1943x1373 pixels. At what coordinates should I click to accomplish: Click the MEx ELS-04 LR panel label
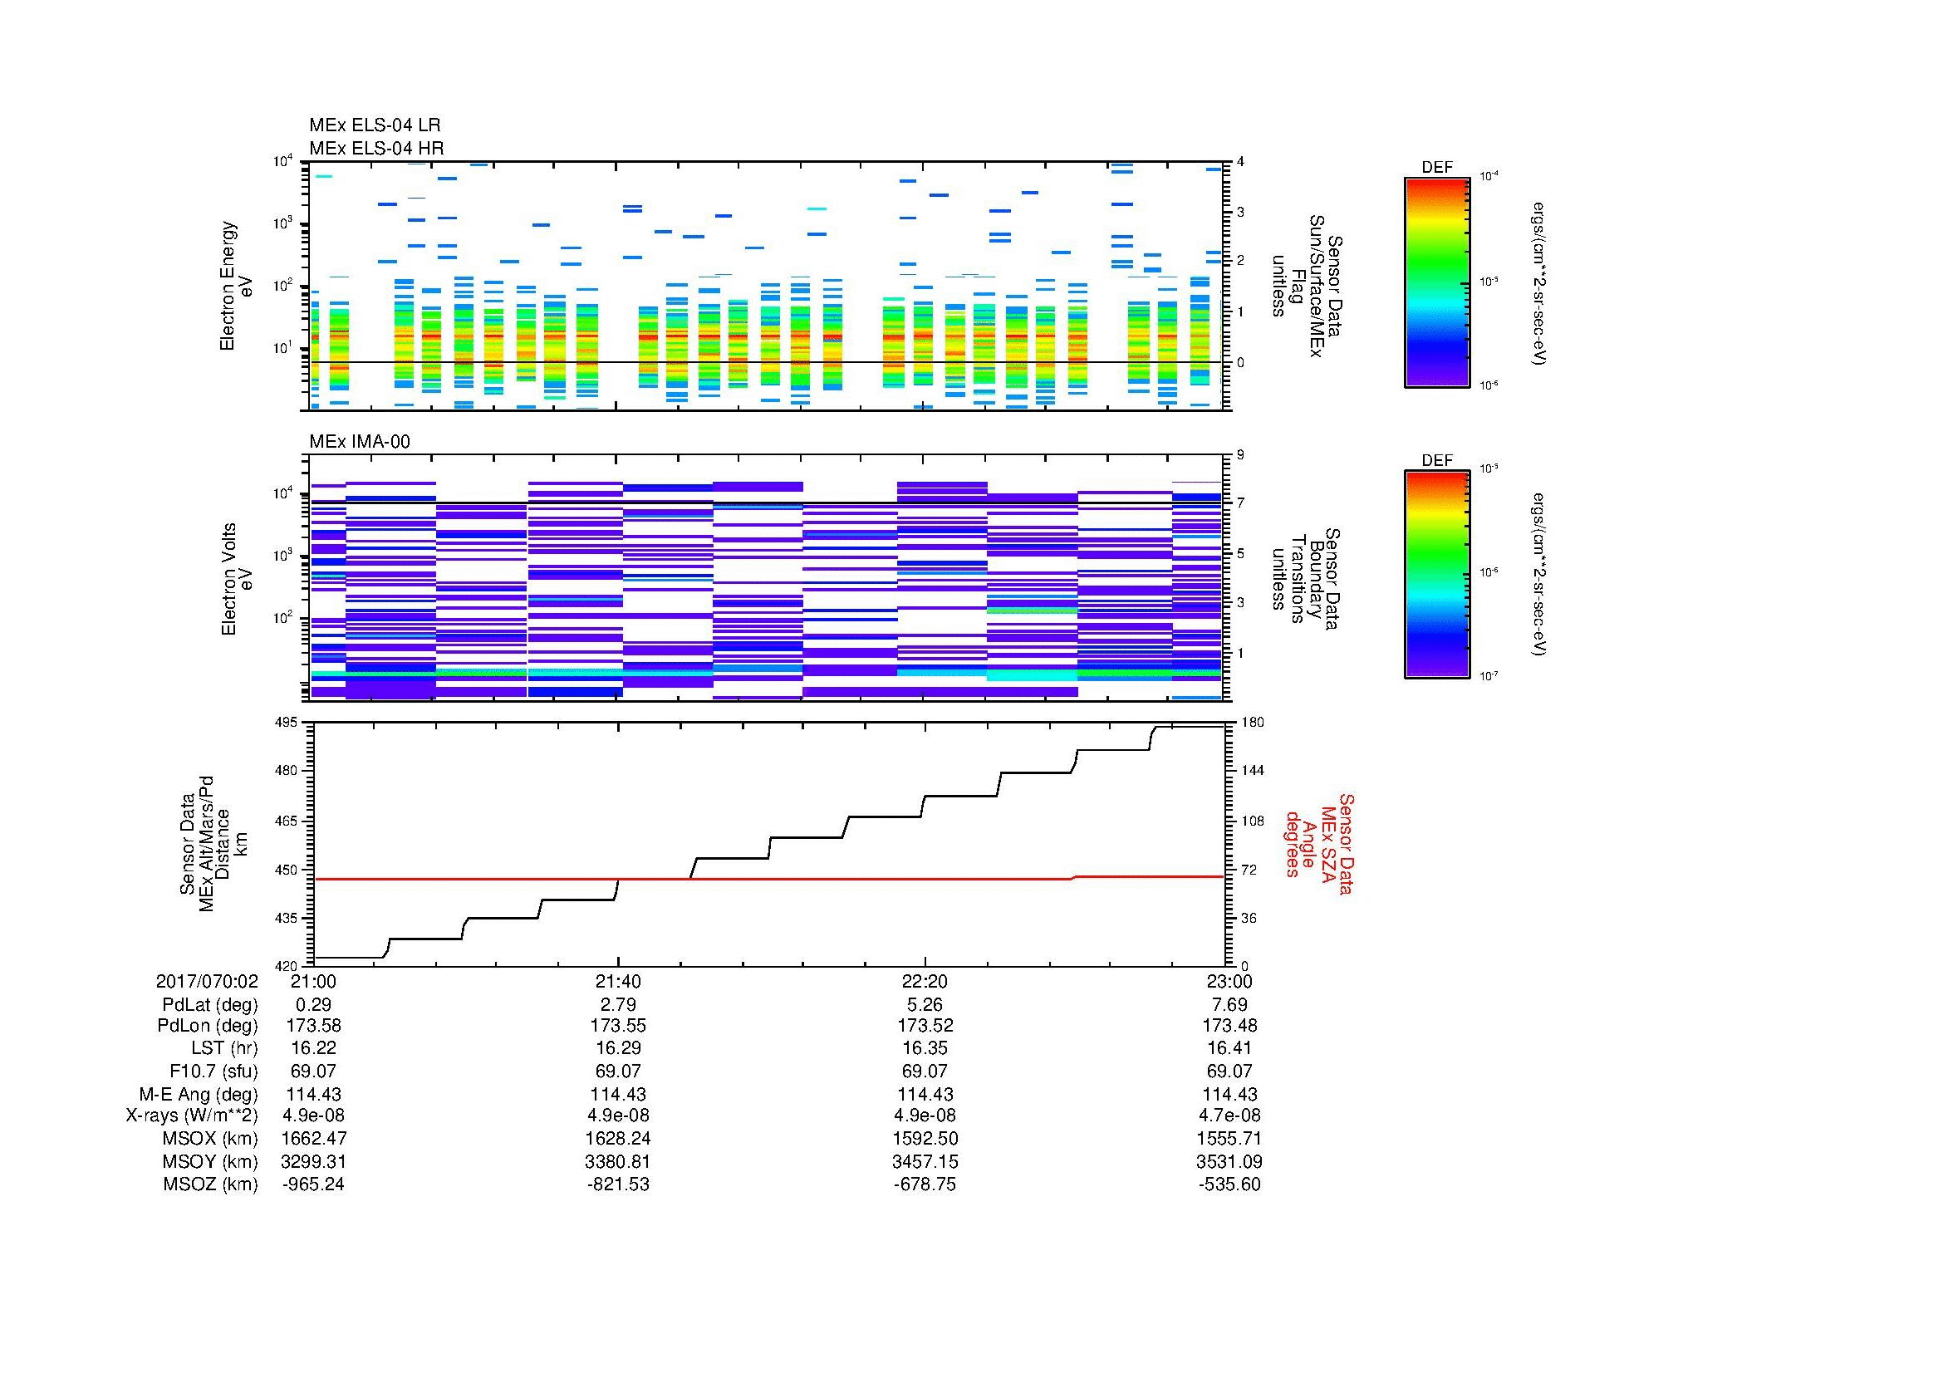click(374, 125)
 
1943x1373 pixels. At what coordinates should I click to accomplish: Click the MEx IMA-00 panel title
click(360, 442)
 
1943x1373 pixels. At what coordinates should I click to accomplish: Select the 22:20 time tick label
click(925, 981)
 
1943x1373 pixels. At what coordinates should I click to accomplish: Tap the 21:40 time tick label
click(619, 981)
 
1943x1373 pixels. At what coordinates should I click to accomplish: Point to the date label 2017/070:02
click(207, 981)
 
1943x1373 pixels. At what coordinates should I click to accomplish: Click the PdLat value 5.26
click(925, 1005)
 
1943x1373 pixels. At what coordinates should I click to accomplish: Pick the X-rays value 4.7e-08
click(1229, 1116)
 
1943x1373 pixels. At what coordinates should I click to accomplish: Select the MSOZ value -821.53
click(619, 1184)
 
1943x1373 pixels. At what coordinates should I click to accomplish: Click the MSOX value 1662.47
click(313, 1139)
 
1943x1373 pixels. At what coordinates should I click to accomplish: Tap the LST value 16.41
click(1229, 1048)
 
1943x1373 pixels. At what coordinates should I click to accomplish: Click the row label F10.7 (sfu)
click(213, 1071)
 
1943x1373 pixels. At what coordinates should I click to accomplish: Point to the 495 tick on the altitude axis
click(286, 723)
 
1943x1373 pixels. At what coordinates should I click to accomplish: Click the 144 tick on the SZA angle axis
click(1253, 771)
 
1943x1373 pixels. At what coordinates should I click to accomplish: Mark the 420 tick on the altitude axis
click(286, 966)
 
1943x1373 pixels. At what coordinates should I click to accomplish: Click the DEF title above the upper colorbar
click(1437, 168)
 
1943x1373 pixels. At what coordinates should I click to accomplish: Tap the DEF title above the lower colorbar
click(1437, 461)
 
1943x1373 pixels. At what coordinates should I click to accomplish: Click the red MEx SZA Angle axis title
click(1319, 843)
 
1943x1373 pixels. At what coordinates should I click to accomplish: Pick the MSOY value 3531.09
click(1229, 1161)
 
